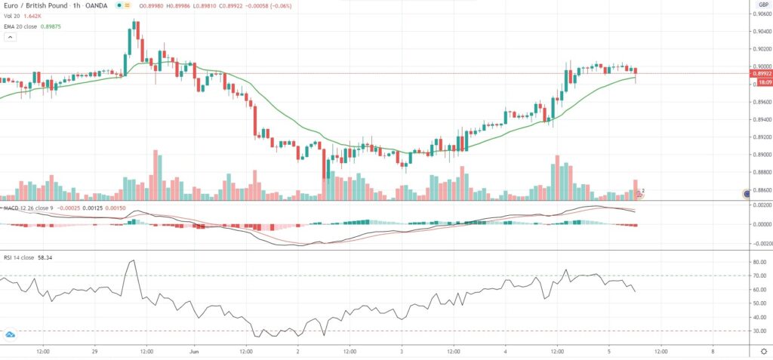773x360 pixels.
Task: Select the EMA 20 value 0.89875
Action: point(51,26)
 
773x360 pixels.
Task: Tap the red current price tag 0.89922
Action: point(759,74)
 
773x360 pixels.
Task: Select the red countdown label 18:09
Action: point(759,82)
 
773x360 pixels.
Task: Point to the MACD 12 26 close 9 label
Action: point(26,207)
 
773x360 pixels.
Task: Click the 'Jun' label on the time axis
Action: point(194,352)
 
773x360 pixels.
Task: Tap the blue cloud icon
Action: point(11,334)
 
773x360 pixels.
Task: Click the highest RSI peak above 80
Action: point(133,261)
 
